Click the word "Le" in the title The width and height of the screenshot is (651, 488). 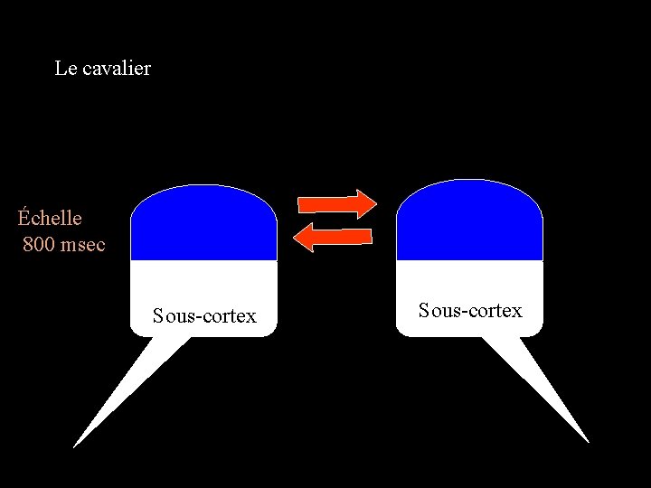click(x=64, y=68)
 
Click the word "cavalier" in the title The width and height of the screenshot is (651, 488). click(x=116, y=68)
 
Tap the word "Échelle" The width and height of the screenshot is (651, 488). click(x=50, y=218)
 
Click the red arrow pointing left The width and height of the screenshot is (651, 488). click(x=334, y=237)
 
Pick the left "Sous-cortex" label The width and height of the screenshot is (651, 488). click(x=204, y=315)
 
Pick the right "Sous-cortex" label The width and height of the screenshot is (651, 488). click(x=470, y=310)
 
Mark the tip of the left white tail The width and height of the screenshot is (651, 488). click(x=75, y=446)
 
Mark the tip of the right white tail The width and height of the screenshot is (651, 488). click(x=588, y=441)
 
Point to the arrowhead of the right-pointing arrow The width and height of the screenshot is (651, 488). click(x=365, y=203)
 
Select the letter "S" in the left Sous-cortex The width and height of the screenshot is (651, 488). click(x=158, y=315)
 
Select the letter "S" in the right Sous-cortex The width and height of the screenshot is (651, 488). click(x=424, y=310)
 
